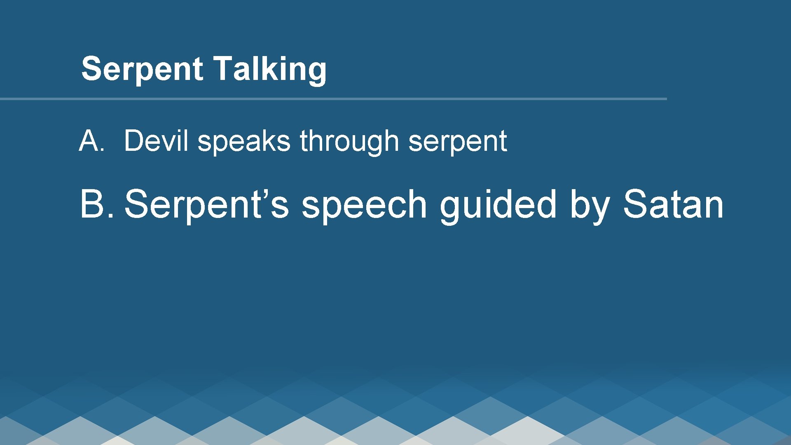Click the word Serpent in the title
tap(142, 69)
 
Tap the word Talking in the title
tap(270, 69)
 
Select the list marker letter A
tap(89, 141)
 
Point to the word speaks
tap(244, 141)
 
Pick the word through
tap(349, 141)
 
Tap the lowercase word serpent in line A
tap(457, 141)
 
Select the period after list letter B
tap(109, 215)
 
